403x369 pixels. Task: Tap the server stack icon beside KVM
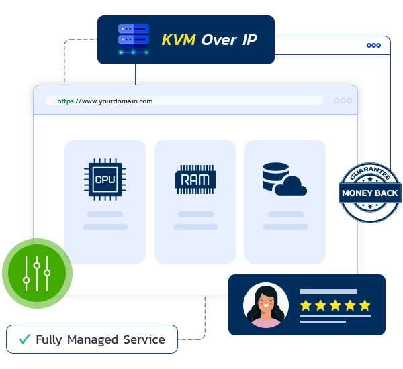click(133, 39)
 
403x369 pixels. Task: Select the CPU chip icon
click(105, 179)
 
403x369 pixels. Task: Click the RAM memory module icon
click(195, 179)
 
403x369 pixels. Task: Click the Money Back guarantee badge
click(369, 193)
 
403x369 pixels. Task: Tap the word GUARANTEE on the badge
click(369, 176)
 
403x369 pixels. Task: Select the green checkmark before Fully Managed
click(24, 339)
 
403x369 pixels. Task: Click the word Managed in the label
click(93, 339)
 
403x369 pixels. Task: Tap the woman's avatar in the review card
click(266, 306)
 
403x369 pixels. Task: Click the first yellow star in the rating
click(306, 306)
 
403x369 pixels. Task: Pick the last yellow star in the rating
click(365, 306)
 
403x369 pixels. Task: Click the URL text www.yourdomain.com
click(117, 101)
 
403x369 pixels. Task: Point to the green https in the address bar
click(68, 101)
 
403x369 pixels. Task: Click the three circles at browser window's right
click(343, 101)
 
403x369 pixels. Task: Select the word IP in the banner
click(249, 40)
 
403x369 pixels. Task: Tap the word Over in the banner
click(218, 40)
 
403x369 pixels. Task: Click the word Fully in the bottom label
click(48, 339)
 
